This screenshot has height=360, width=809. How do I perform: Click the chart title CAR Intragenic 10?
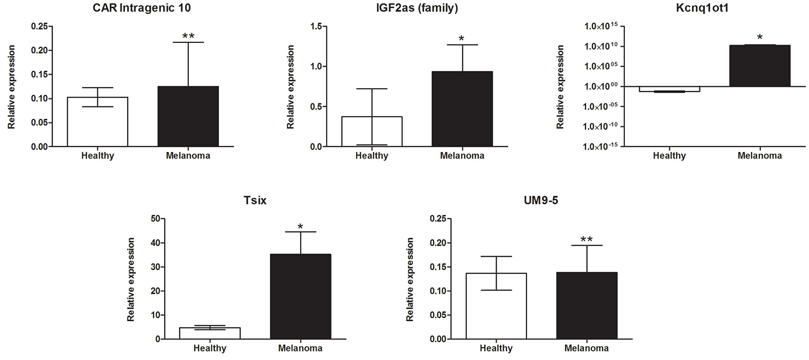tap(142, 8)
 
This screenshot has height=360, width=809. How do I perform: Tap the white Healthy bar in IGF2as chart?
tap(372, 131)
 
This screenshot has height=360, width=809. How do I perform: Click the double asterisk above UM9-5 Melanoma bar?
tap(587, 239)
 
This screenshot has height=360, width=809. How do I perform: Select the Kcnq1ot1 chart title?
tap(702, 8)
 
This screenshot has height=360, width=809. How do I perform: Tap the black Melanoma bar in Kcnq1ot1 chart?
tap(760, 66)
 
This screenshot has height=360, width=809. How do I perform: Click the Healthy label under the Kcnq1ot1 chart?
tap(669, 156)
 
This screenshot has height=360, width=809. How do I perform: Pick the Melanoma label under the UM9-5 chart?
tap(587, 348)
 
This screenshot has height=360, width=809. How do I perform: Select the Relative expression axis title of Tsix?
tap(131, 280)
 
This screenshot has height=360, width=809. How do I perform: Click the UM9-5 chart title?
tap(541, 201)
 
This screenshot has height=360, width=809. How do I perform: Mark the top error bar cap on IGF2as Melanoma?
tap(462, 45)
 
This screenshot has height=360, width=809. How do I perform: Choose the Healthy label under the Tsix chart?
tap(210, 348)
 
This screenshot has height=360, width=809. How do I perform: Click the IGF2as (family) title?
tap(417, 8)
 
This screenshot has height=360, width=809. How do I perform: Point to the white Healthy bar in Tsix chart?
tap(210, 333)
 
